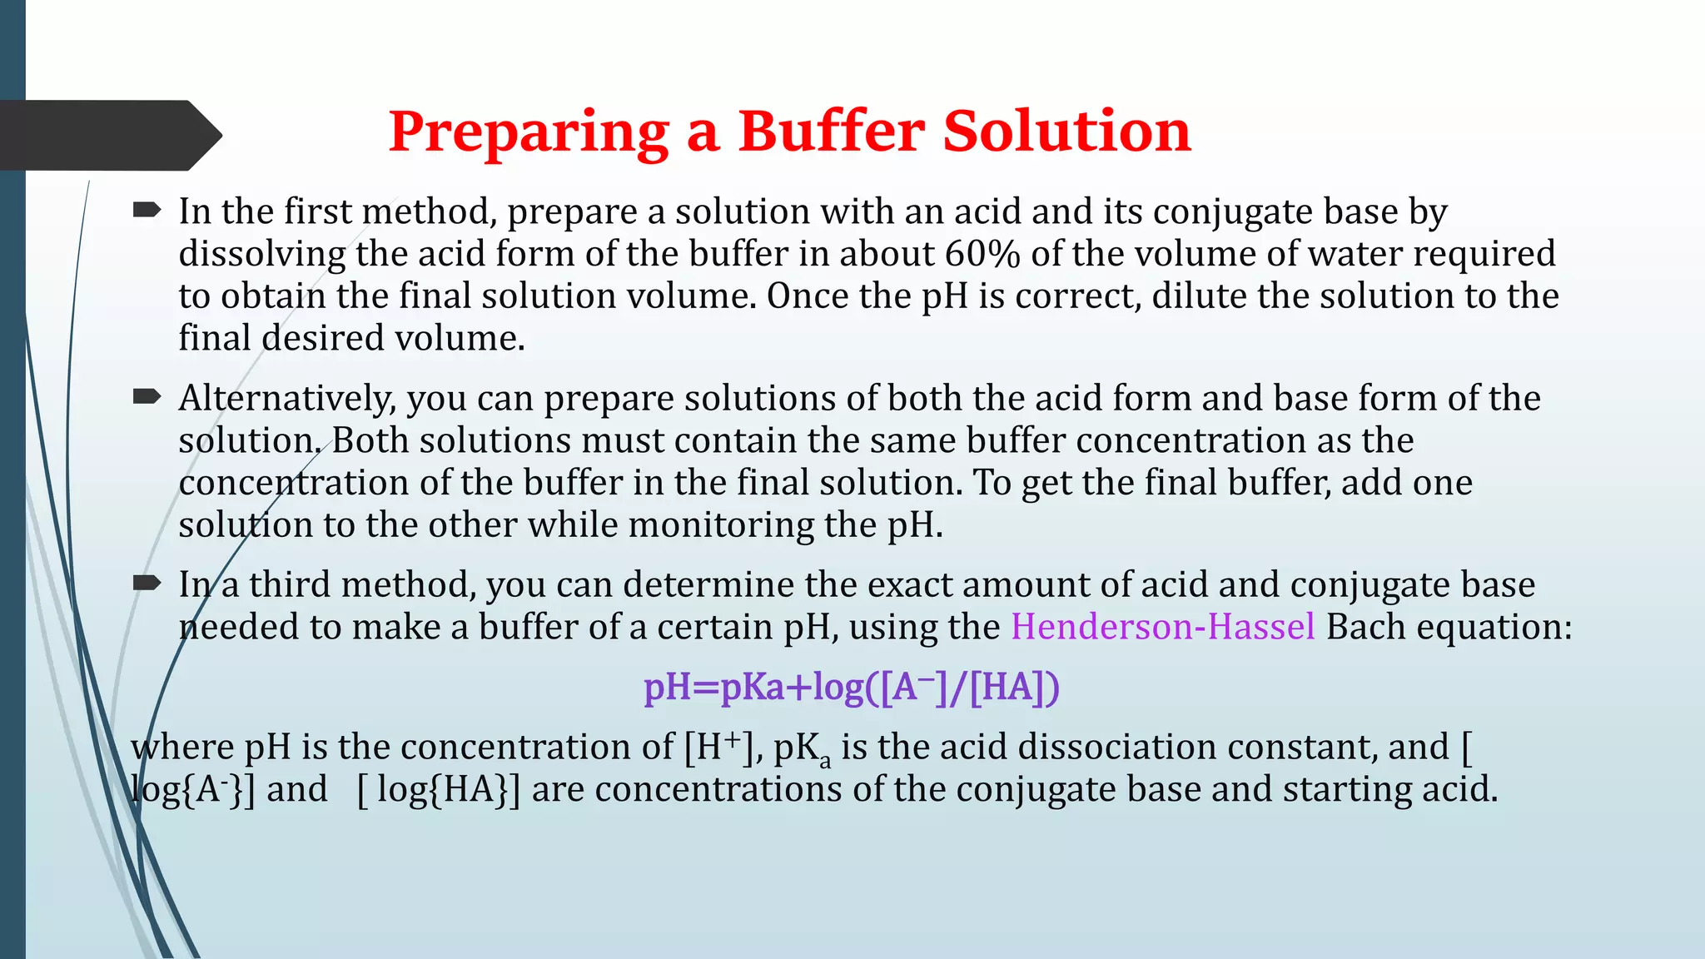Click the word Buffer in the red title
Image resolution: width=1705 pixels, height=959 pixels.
point(832,132)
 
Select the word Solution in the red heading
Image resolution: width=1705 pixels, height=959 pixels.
point(1066,132)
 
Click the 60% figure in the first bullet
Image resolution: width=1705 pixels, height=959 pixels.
point(982,254)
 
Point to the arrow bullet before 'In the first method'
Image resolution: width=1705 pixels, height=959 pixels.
point(147,211)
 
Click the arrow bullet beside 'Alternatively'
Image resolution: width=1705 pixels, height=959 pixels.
point(147,397)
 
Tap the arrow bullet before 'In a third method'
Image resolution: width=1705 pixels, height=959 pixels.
point(147,584)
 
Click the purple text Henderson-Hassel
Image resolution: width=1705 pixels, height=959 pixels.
point(1163,627)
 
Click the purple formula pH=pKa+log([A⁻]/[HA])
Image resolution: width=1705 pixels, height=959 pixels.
point(852,688)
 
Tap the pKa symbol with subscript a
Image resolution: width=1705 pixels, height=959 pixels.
point(802,749)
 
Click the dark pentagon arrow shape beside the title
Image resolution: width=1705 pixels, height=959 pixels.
point(108,135)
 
